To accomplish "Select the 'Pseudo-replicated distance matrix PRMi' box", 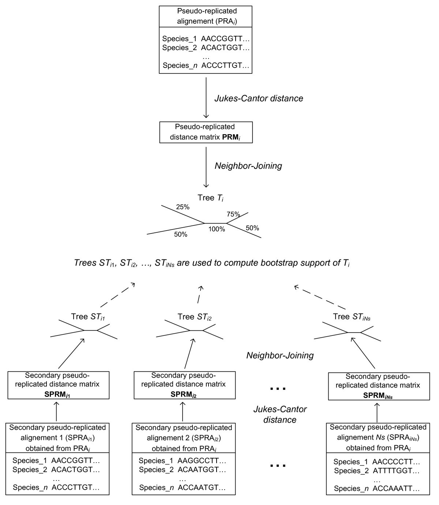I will click(206, 132).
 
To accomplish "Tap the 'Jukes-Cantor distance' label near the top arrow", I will click(259, 98).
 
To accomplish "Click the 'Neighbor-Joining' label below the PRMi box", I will click(248, 166).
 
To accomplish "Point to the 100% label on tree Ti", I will click(217, 229).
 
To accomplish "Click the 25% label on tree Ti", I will click(183, 207).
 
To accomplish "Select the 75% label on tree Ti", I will click(233, 214).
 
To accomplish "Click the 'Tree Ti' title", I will click(210, 198).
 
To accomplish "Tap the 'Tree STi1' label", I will click(88, 317).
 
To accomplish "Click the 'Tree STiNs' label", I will click(352, 317).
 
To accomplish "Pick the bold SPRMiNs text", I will click(378, 395).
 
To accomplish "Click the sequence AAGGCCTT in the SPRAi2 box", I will click(202, 460).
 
